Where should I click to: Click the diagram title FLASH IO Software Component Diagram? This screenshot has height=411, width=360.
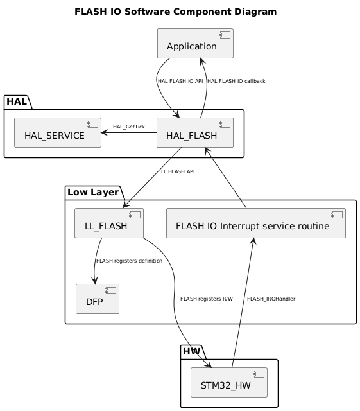point(176,12)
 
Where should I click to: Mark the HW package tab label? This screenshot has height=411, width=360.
point(192,351)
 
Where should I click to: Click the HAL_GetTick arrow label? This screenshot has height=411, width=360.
point(129,127)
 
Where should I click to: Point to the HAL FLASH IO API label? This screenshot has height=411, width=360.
point(180,81)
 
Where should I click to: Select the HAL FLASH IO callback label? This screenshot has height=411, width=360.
point(237,81)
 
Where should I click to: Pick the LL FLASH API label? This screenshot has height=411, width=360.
point(178,171)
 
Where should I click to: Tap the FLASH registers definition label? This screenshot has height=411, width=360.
point(129,261)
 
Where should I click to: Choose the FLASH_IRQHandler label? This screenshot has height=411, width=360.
point(271,299)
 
